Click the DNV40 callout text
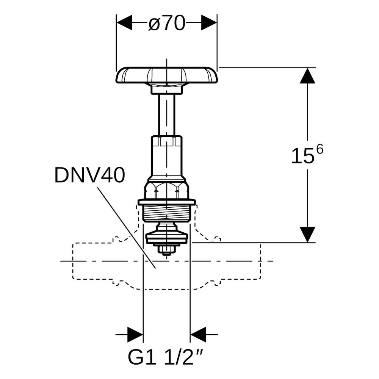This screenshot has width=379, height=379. [90, 175]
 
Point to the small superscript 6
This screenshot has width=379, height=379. [319, 150]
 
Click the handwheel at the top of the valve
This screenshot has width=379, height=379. [167, 75]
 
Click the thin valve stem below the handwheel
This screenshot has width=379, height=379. [166, 114]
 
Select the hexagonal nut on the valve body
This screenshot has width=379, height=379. [166, 189]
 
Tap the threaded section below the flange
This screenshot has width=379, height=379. [166, 213]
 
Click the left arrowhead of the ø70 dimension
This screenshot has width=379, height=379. [124, 22]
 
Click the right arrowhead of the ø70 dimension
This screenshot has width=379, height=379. [209, 22]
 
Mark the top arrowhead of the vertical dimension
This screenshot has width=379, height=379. [307, 76]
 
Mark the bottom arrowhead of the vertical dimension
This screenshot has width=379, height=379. [307, 234]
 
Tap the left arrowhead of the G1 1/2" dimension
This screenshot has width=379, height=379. [135, 335]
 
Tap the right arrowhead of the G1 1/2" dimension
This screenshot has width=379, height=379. [198, 335]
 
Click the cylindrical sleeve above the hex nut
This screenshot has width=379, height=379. [166, 157]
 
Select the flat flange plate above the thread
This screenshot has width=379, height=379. [166, 202]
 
